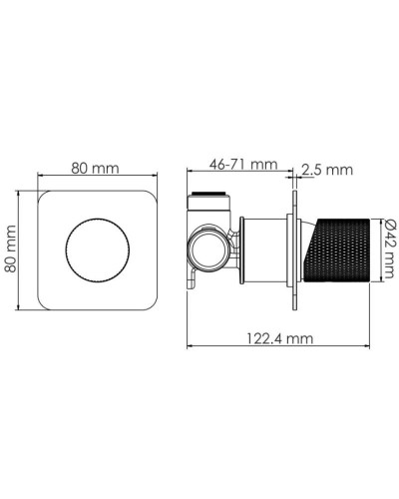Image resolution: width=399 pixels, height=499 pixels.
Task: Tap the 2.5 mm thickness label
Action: point(326,171)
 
